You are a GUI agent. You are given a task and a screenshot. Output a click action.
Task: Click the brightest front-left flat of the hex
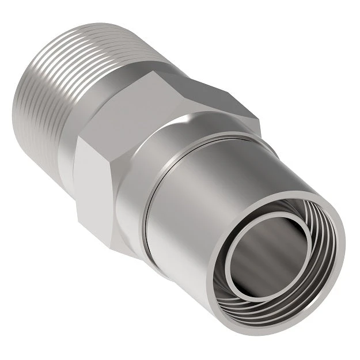point(95,173)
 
